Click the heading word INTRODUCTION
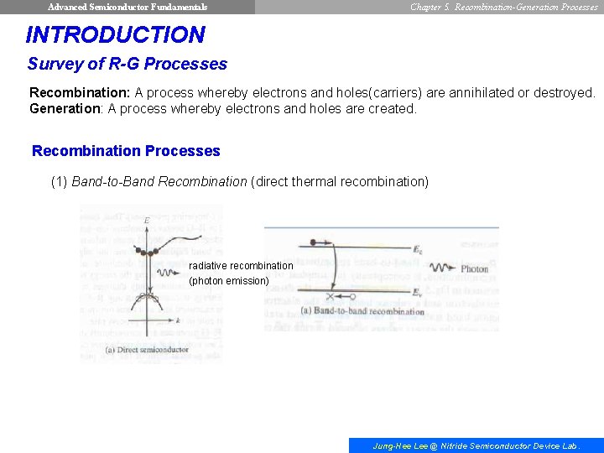tap(115, 35)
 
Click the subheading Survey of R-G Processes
tap(127, 64)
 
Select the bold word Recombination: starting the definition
tap(81, 92)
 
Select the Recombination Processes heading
tap(126, 151)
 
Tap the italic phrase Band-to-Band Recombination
tap(159, 181)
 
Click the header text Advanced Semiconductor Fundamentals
tap(128, 7)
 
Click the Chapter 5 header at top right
tap(504, 7)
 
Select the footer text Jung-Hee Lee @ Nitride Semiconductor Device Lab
tap(476, 446)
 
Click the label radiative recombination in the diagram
tap(241, 266)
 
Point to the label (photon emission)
tap(229, 281)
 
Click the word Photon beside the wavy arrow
tap(474, 269)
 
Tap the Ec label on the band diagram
tap(418, 249)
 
